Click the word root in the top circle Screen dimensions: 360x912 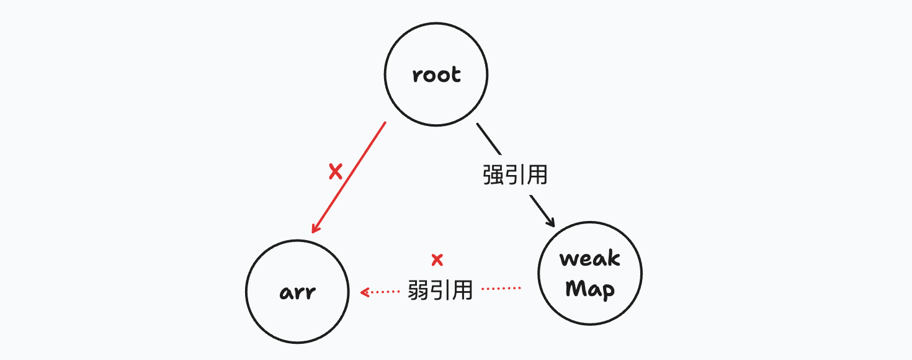coord(437,75)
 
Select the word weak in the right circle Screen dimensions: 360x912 coord(590,258)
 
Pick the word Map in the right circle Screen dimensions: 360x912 coord(590,289)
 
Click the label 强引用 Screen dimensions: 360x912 coord(515,175)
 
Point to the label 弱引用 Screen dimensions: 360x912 coord(440,290)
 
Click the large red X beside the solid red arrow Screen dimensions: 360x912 coord(336,172)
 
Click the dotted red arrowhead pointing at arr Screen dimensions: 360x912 coord(365,291)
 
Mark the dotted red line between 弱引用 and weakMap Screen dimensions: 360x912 coord(501,289)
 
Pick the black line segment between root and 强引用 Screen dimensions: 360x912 coord(488,138)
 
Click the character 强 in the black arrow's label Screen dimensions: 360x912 coord(493,175)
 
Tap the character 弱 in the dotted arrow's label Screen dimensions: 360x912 coord(419,290)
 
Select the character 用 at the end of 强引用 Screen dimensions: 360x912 coord(537,175)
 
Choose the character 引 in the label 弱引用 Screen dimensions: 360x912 coord(441,290)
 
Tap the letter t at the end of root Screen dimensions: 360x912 coord(456,74)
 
